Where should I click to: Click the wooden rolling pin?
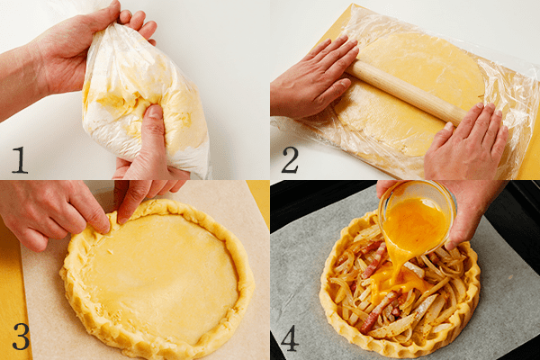pyautogui.click(x=405, y=90)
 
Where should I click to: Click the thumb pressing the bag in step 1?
pyautogui.click(x=153, y=126)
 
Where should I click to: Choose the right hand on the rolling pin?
pyautogui.click(x=468, y=144)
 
